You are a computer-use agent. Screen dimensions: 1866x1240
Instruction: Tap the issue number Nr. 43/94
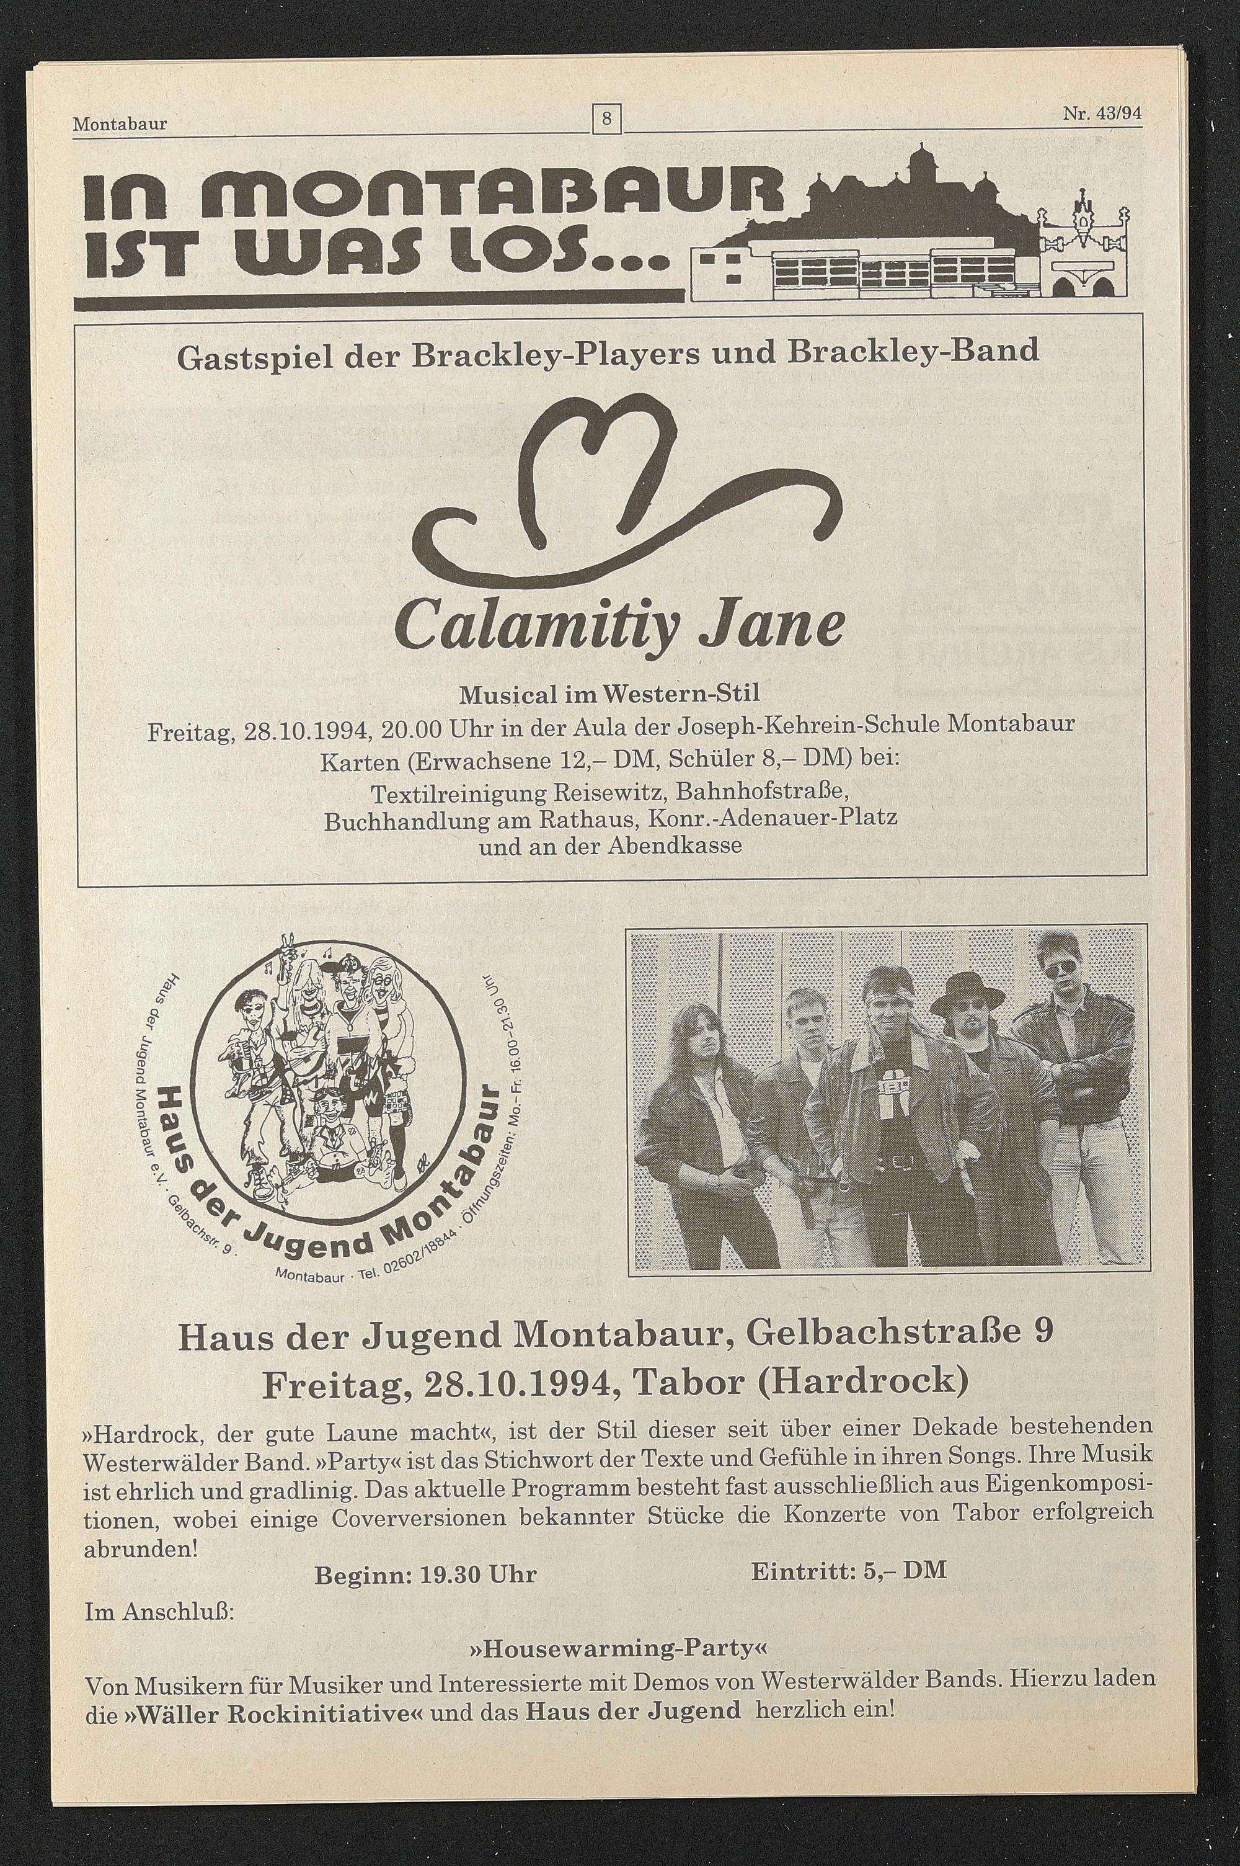1103,113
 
